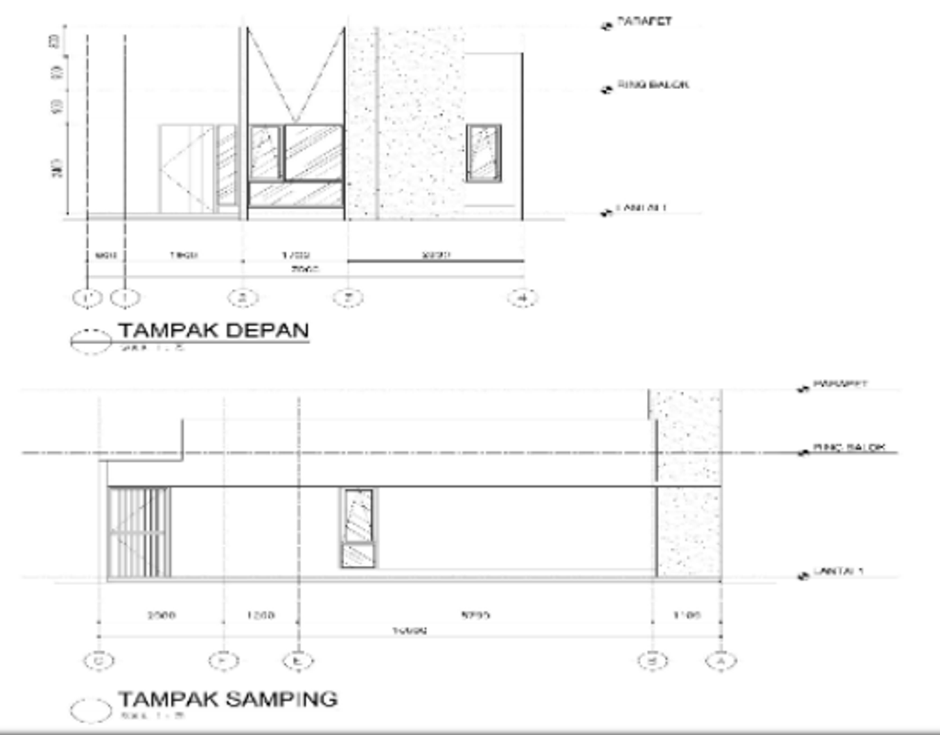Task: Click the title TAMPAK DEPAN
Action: coord(212,331)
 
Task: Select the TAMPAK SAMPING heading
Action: coord(227,698)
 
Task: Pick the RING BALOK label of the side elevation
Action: coord(848,448)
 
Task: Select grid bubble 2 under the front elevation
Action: coord(242,297)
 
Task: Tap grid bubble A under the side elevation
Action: coord(721,659)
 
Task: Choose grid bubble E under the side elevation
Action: coord(297,659)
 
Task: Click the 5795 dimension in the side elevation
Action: coord(475,616)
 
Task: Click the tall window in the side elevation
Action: coord(358,528)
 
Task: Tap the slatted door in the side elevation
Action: coord(139,533)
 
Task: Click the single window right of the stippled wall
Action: coord(483,153)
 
